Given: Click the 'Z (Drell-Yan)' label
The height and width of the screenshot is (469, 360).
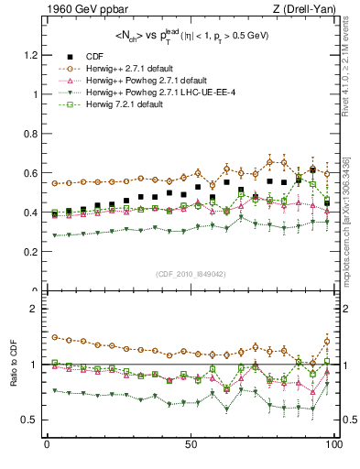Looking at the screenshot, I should tap(305, 10).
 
